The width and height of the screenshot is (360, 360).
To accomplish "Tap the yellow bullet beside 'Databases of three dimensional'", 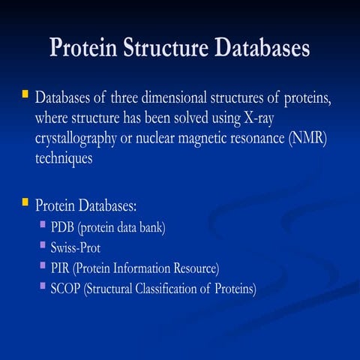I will [x=25, y=95].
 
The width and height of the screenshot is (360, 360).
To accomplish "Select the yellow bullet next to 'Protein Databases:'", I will [x=25, y=202].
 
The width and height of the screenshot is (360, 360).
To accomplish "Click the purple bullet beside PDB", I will [x=43, y=225].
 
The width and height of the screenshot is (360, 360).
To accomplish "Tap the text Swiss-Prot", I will [x=80, y=247].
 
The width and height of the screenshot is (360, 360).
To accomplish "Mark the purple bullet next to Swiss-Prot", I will [x=43, y=245].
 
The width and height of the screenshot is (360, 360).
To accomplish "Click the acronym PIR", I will [x=62, y=268].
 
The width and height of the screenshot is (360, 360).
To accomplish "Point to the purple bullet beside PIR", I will [x=43, y=265].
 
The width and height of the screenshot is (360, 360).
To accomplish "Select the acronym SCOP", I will [x=67, y=288].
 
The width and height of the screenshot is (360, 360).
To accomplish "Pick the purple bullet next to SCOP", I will [x=43, y=286].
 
